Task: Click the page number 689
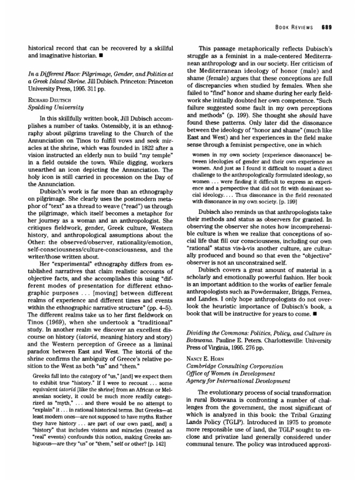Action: click(327, 27)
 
